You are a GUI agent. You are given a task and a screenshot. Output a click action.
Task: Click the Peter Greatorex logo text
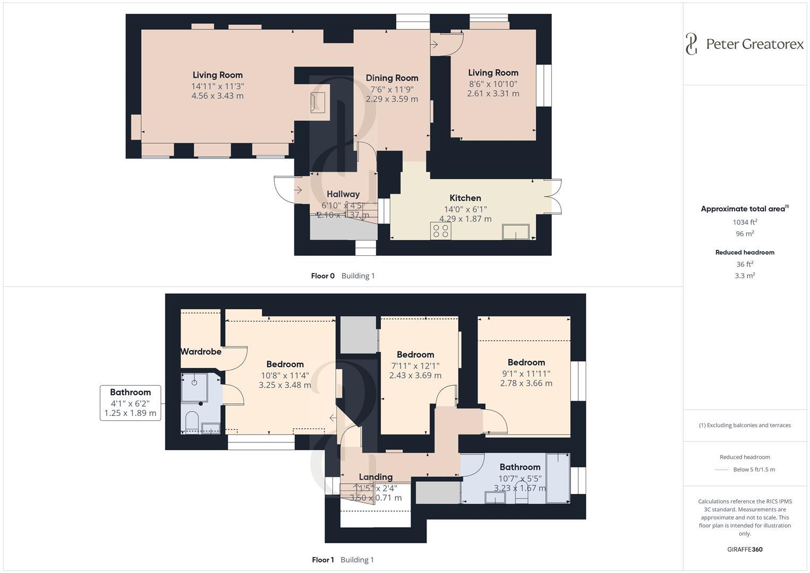tap(754, 44)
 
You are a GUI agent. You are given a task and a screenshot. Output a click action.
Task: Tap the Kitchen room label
tap(465, 198)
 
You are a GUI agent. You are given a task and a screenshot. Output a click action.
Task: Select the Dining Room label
tap(392, 78)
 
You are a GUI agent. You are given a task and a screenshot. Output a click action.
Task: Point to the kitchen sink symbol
tap(515, 232)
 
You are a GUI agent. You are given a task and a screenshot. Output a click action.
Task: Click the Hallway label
tap(343, 194)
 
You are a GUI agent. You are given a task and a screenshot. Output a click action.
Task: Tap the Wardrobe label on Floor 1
tap(201, 351)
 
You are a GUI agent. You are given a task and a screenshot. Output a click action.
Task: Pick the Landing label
tap(376, 477)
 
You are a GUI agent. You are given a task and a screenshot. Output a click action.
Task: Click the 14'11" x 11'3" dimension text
tap(217, 86)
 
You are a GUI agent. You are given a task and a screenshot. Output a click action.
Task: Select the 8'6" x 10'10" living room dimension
tap(493, 83)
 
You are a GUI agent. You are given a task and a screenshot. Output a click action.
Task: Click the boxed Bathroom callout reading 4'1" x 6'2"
tap(130, 403)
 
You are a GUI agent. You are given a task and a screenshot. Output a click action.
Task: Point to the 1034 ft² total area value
tap(745, 222)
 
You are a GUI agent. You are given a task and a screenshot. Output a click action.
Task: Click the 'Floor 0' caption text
tap(323, 276)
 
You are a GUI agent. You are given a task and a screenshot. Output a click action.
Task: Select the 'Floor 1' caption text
tap(323, 560)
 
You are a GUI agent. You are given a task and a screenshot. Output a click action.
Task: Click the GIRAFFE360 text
tap(745, 550)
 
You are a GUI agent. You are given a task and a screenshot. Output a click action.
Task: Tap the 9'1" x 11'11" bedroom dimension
tap(526, 373)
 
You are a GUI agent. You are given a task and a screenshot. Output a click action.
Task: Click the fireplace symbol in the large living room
tap(317, 102)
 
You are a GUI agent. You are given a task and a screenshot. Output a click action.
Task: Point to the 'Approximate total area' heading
tap(743, 209)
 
